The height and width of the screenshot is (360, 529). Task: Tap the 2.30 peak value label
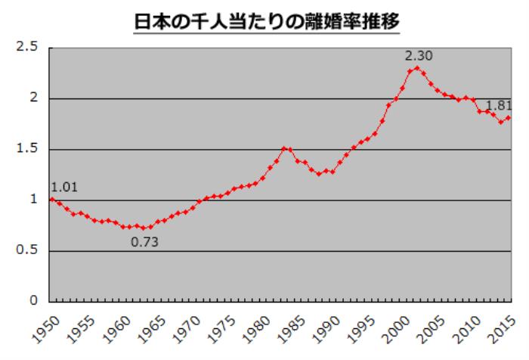point(419,55)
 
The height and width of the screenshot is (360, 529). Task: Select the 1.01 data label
point(64,186)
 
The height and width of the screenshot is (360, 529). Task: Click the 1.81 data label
point(499,105)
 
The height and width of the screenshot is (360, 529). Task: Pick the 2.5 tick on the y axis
point(28,48)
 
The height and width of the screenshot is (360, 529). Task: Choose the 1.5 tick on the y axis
point(28,149)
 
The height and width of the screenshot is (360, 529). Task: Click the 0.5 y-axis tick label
point(28,250)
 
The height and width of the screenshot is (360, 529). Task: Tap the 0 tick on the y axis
point(34,301)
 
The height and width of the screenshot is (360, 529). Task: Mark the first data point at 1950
point(51,199)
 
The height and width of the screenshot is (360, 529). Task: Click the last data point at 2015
point(509,117)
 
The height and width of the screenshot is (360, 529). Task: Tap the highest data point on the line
point(417,68)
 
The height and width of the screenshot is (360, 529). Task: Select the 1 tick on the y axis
point(34,200)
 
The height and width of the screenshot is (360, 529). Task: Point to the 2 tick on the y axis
point(34,98)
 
